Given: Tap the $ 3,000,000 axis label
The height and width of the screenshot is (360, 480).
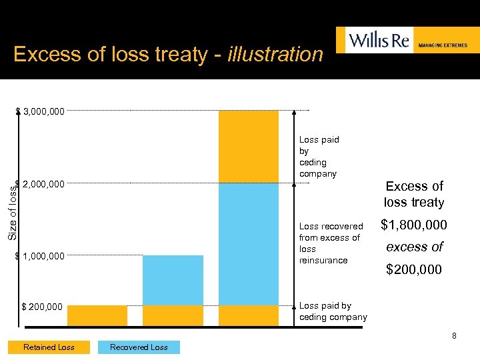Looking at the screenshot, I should (41, 111).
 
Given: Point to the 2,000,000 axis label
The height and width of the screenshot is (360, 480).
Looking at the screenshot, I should (43, 184).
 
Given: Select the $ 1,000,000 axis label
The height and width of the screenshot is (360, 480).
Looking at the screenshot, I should (41, 256).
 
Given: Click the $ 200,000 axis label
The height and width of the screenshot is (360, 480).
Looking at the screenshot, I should (42, 307).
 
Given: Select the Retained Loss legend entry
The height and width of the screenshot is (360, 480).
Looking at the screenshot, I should (49, 347).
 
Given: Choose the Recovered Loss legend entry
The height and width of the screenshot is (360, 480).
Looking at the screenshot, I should (139, 347).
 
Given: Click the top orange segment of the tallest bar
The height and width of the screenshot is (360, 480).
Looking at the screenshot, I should (249, 146).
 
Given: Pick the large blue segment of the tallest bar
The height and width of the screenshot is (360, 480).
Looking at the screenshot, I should (249, 243).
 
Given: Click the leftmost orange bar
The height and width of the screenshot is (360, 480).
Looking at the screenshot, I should (97, 315).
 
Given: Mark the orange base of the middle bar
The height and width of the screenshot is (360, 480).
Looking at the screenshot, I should (173, 315).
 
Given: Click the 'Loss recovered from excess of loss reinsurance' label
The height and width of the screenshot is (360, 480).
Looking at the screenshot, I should (331, 243).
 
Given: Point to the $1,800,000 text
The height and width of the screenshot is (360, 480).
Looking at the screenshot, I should (413, 225).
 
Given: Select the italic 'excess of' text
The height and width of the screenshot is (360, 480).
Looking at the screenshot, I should (413, 247).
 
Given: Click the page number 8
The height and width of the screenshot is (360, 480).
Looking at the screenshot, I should (454, 335).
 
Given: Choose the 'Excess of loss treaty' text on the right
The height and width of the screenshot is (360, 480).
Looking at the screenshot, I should (413, 194).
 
